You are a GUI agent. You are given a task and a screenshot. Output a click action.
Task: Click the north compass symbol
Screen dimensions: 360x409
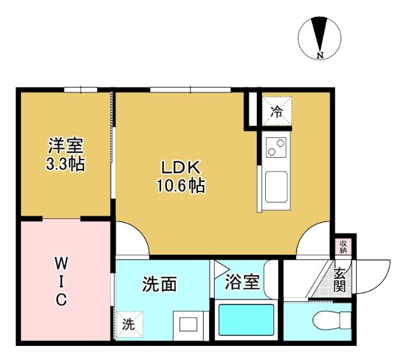320,34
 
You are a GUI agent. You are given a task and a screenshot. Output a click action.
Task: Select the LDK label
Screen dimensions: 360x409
181,168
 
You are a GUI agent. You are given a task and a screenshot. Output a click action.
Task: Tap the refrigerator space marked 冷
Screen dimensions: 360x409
276,112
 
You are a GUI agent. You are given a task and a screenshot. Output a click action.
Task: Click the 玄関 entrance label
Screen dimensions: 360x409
339,280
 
